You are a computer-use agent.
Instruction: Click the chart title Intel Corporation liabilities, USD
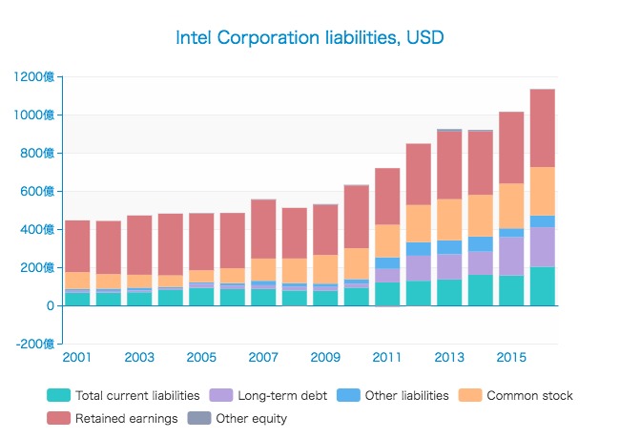click(x=310, y=38)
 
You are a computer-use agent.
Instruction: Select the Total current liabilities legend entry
click(x=123, y=395)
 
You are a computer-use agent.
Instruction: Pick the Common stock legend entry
click(x=528, y=395)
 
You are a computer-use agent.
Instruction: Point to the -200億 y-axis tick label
click(x=35, y=344)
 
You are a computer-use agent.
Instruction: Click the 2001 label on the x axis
click(x=77, y=357)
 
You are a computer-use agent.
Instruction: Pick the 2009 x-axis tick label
click(x=325, y=357)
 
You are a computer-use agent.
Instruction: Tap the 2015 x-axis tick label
click(x=511, y=357)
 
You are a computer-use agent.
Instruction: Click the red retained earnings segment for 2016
click(x=543, y=128)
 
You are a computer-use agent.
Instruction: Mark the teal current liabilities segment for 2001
click(x=77, y=299)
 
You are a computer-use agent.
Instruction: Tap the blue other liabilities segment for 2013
click(x=449, y=247)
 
